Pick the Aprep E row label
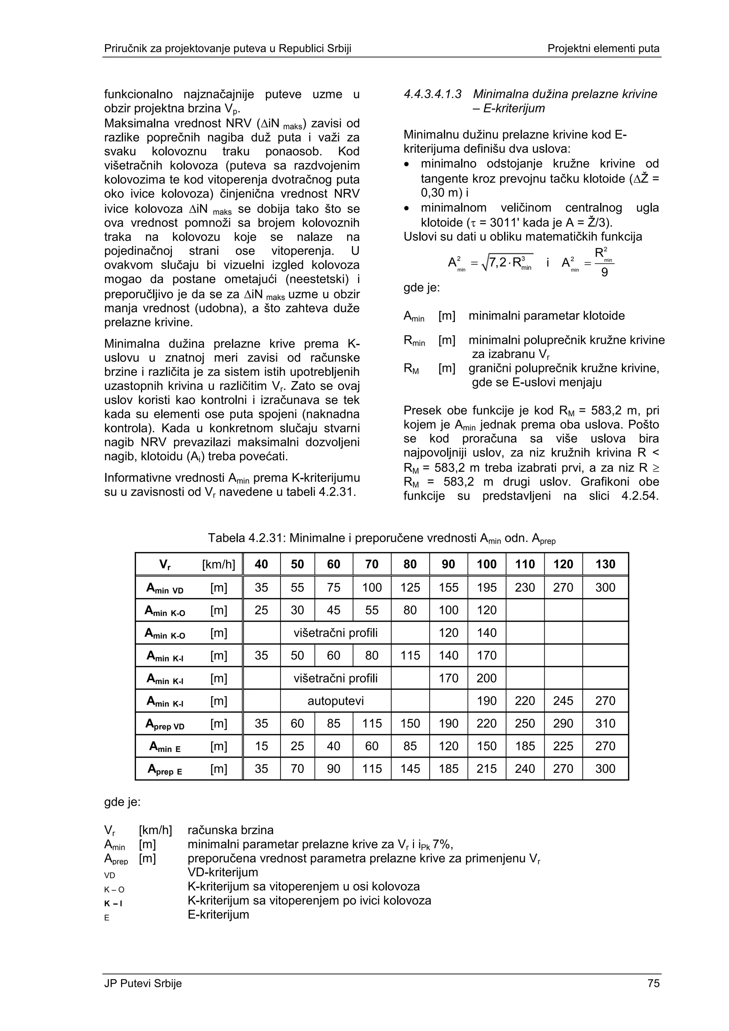(x=165, y=769)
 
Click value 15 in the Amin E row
(x=261, y=746)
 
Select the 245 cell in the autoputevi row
(x=563, y=700)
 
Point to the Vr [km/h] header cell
(x=189, y=564)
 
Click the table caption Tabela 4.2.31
(x=382, y=538)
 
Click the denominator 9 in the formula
(x=604, y=273)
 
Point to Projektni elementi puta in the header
(x=603, y=48)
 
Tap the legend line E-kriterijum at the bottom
(x=218, y=915)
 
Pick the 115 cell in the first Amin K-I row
(x=410, y=655)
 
